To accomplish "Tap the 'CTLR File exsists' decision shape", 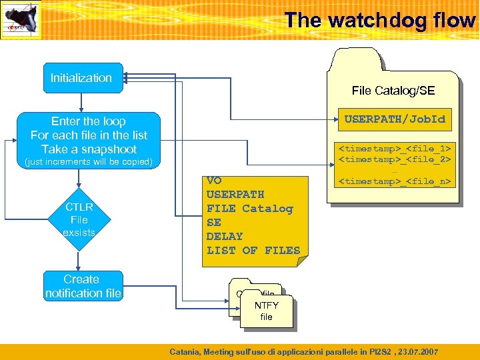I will (79, 219).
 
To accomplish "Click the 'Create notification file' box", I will (83, 286).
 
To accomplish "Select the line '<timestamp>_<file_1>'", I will (395, 148).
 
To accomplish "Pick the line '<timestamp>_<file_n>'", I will (395, 181).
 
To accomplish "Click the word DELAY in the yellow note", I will (225, 236).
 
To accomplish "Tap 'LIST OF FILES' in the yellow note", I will (253, 250).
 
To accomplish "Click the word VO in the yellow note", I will (214, 180).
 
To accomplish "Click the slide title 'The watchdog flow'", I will (379, 20).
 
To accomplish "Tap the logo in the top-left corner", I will (21, 19).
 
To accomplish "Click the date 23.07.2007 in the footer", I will (418, 351).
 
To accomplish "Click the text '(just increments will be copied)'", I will (88, 162).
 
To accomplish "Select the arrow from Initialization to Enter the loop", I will (81, 101).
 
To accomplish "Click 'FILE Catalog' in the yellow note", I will (249, 208).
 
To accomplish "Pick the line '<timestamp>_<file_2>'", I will (395, 159).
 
